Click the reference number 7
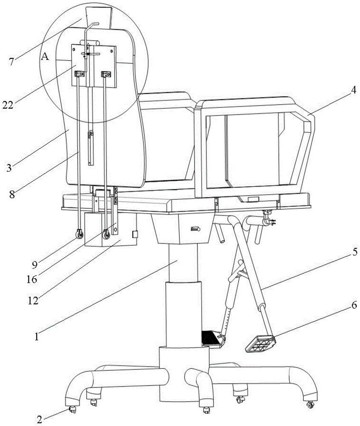point(11,62)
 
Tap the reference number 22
point(8,105)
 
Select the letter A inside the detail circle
point(45,57)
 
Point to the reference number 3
point(9,167)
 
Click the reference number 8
point(12,195)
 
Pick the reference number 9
point(34,265)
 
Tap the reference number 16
point(32,279)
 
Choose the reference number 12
point(33,300)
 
